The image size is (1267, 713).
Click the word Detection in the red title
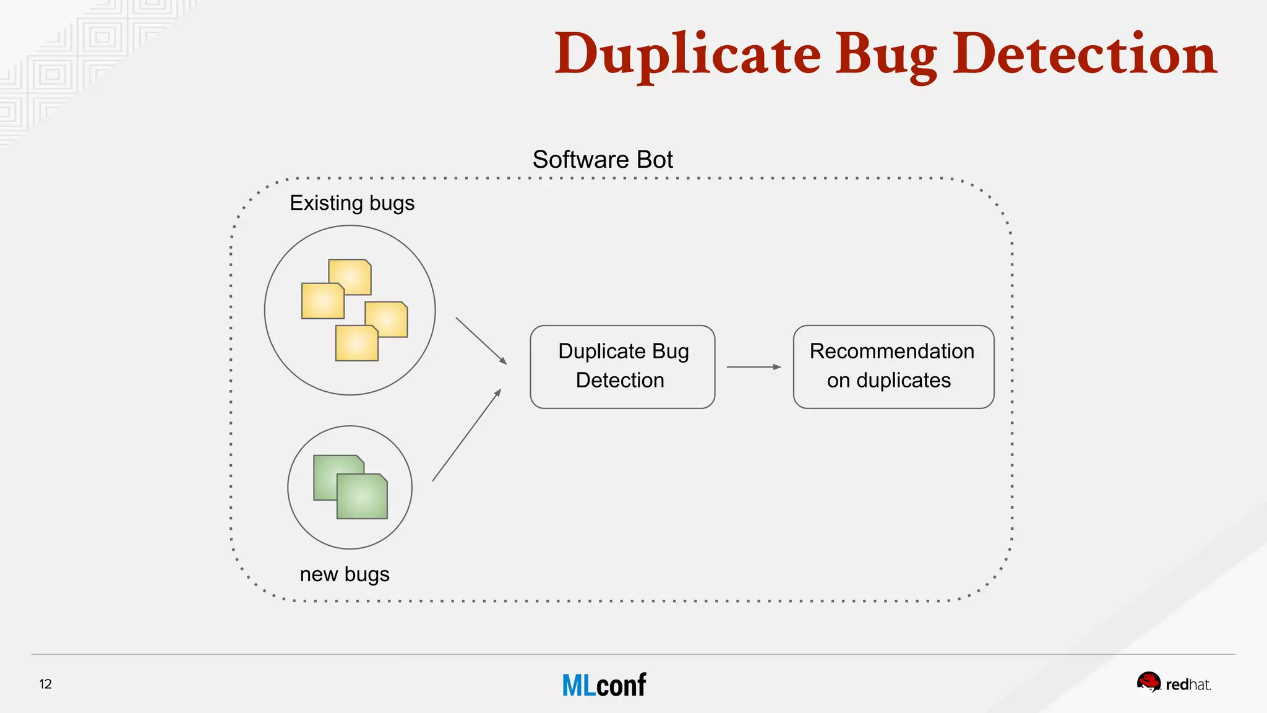coord(1084,56)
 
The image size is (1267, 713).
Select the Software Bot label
coord(603,160)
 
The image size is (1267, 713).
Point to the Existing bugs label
coord(352,203)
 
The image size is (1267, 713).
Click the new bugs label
coord(345,574)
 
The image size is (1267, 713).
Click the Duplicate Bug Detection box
coord(622,366)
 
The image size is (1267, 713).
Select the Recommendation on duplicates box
coord(893,366)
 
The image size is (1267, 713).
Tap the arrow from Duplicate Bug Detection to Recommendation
coord(754,367)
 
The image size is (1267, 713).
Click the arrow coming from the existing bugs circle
coord(481,341)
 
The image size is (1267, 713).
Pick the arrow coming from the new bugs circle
coord(466,435)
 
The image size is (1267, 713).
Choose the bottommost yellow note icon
coord(356,344)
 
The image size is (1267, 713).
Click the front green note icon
coord(362,496)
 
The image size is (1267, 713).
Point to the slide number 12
coord(45,684)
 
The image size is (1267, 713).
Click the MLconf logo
coord(604,685)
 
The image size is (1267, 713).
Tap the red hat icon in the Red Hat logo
coord(1149,683)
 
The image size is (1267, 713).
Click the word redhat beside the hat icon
coord(1188,685)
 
